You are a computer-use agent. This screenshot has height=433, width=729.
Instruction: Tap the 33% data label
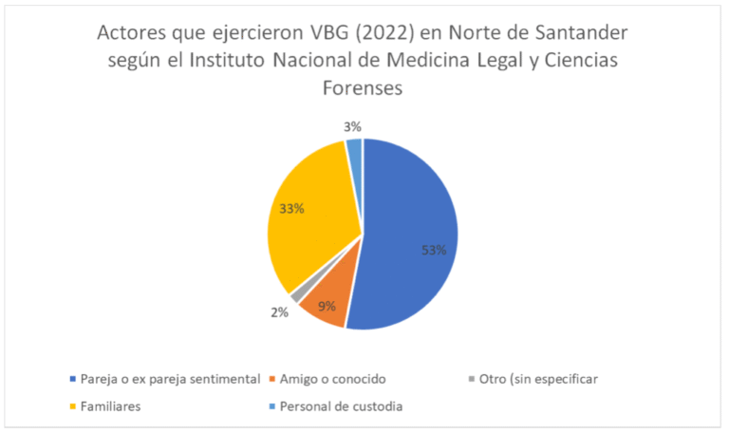[x=290, y=209]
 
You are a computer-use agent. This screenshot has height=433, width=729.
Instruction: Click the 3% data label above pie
[x=352, y=126]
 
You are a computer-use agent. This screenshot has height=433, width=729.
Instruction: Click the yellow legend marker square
[x=73, y=406]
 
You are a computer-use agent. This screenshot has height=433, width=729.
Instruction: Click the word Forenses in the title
[x=364, y=88]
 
